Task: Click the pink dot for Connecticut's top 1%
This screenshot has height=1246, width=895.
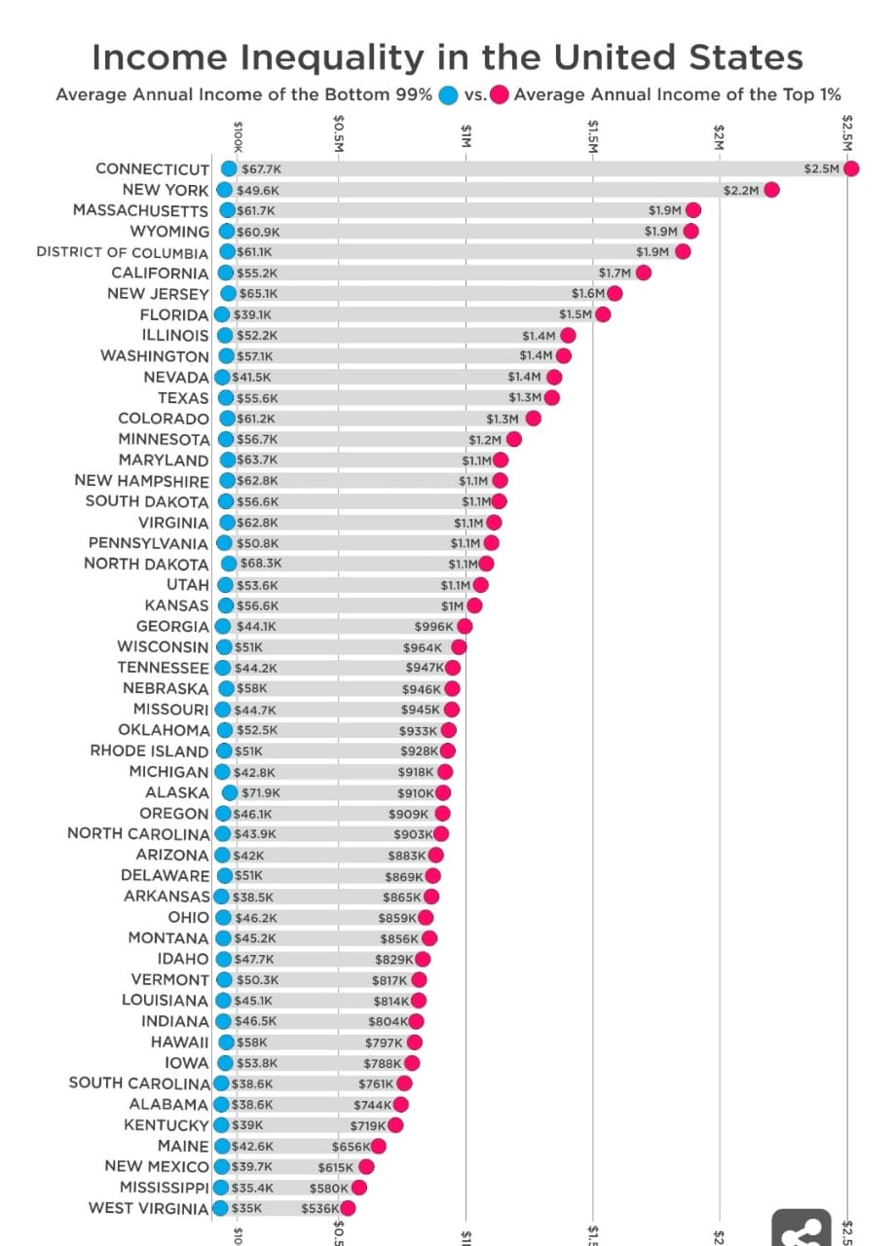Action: [851, 168]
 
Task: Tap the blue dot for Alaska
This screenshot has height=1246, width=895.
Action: [230, 792]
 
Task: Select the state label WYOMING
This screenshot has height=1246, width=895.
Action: [169, 232]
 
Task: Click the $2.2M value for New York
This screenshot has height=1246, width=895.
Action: [741, 190]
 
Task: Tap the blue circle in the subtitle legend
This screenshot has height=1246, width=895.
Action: [449, 95]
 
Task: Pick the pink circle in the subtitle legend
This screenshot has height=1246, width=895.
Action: [500, 95]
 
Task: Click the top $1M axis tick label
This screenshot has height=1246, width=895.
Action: [466, 134]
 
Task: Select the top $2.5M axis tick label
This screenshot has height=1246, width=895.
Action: [847, 130]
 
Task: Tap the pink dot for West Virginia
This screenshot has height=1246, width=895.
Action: [347, 1208]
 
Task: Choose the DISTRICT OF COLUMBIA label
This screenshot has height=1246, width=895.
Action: [123, 252]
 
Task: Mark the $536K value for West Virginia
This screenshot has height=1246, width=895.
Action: [319, 1208]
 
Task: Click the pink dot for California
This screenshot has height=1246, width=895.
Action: [643, 273]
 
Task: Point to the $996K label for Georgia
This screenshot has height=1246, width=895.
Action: [434, 626]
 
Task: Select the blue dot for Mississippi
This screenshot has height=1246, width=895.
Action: [220, 1188]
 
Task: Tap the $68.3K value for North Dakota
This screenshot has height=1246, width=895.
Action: [261, 564]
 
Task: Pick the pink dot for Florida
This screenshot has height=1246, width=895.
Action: [603, 313]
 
